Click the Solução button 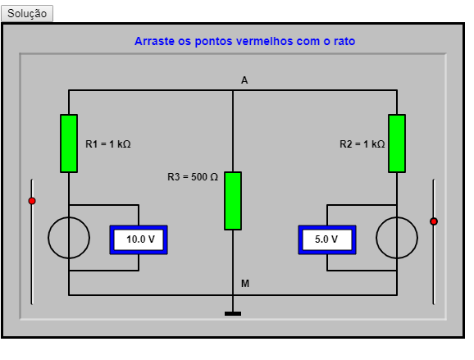tap(27, 13)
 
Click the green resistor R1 tap(69, 144)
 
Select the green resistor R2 tap(397, 144)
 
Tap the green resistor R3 tap(233, 201)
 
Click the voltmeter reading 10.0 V tap(139, 239)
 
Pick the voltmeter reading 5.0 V tap(327, 239)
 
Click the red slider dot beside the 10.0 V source tap(32, 201)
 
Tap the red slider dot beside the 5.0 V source tap(434, 221)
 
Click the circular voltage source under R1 tap(48, 238)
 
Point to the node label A tap(244, 80)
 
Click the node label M tap(245, 284)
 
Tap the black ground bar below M tap(233, 314)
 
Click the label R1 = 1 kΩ tap(108, 144)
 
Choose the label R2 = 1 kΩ tap(362, 144)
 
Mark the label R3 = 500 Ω tap(193, 177)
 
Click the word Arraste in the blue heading tap(154, 41)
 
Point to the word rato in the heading tap(344, 41)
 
